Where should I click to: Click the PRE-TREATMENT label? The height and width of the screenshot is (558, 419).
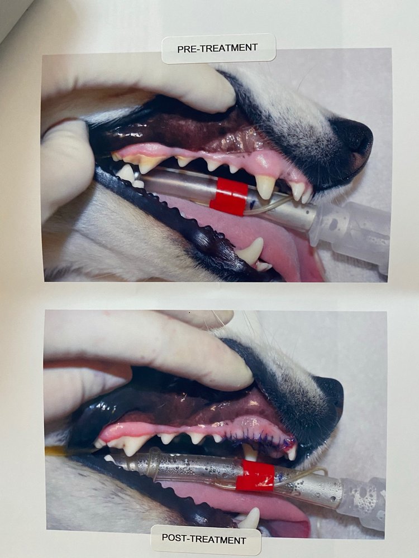[x=218, y=49]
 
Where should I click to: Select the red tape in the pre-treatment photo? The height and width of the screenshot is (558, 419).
[x=228, y=196]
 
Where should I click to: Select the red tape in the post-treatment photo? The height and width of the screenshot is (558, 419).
[x=255, y=475]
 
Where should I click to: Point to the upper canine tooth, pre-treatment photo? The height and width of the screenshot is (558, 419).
[x=265, y=186]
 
